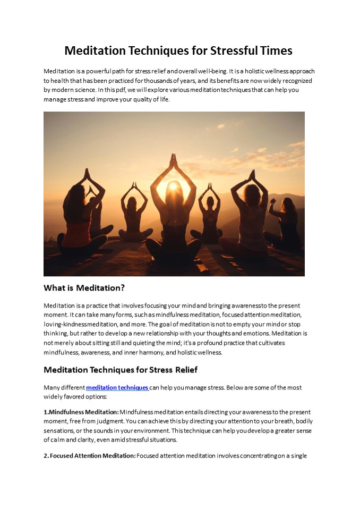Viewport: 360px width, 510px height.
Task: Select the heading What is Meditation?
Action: coord(84,288)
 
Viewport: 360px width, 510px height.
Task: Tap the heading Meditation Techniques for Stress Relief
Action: coord(121,369)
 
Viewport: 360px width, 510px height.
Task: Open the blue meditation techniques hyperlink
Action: coord(117,388)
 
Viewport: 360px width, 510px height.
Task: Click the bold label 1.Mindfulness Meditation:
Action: coord(81,412)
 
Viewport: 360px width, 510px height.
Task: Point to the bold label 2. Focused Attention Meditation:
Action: coord(90,455)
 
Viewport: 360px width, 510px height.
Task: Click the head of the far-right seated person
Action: coord(288,205)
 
